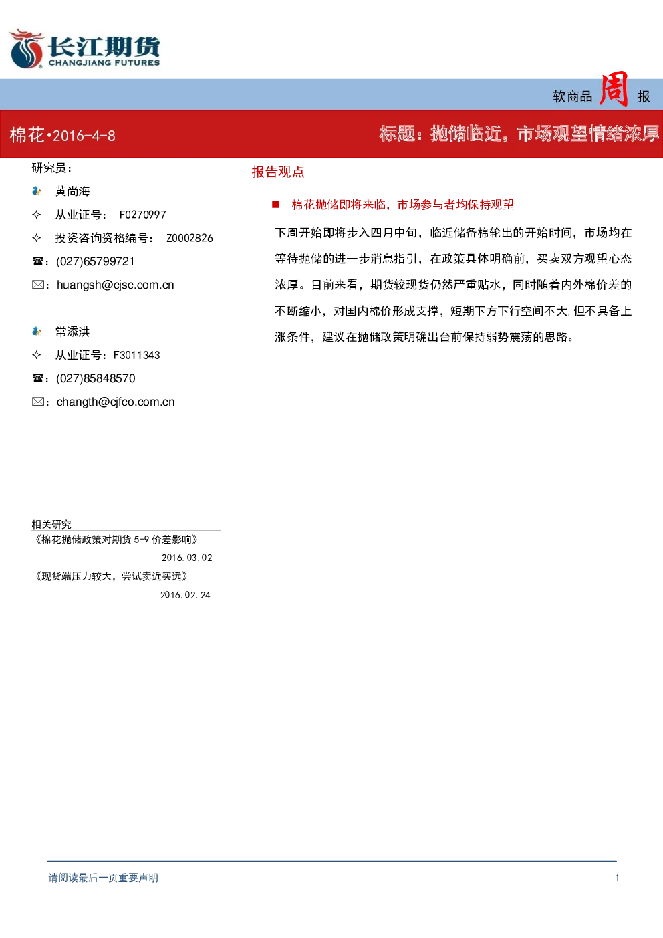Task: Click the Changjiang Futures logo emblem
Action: click(x=27, y=48)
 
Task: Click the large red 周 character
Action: click(x=614, y=89)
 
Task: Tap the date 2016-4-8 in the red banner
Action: click(x=84, y=136)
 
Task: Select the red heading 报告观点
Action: click(x=278, y=172)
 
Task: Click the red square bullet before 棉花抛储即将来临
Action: click(x=275, y=205)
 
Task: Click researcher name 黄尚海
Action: click(x=72, y=191)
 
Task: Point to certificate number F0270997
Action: click(x=143, y=215)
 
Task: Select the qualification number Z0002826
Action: click(x=190, y=238)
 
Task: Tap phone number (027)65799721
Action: click(x=96, y=261)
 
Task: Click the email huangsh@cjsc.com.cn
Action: click(x=115, y=285)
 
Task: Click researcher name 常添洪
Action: click(x=72, y=332)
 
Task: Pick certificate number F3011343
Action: click(x=136, y=355)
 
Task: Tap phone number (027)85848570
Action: click(x=96, y=378)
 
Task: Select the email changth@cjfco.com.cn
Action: click(x=116, y=402)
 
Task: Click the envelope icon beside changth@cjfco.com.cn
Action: click(x=37, y=402)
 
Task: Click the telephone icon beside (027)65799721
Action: click(x=37, y=261)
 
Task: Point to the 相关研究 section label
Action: click(x=51, y=524)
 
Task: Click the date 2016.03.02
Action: click(x=186, y=558)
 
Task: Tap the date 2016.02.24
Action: click(x=185, y=595)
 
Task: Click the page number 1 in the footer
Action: click(x=617, y=878)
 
